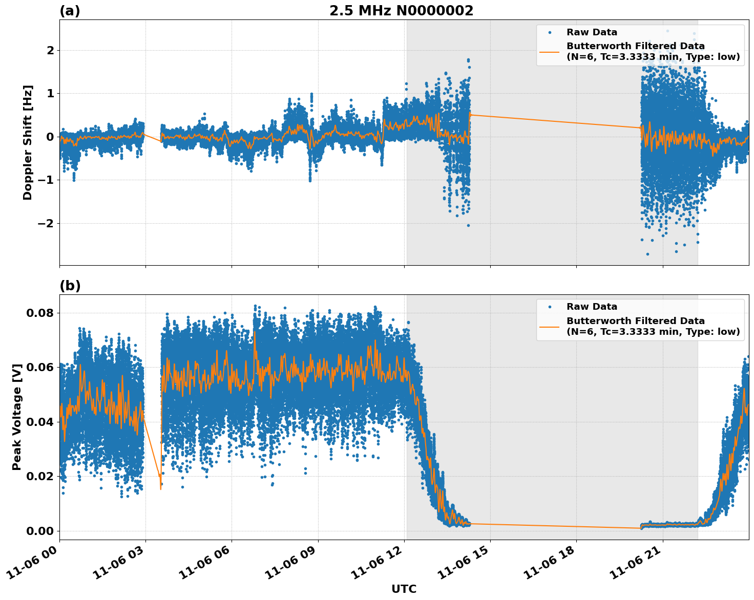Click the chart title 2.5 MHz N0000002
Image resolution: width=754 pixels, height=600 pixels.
pos(401,11)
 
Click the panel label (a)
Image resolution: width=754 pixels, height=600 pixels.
pos(70,11)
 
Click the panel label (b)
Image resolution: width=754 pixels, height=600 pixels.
pos(70,286)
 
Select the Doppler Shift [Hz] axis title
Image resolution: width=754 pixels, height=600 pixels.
pos(28,142)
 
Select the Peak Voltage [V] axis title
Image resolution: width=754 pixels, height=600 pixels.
pos(17,417)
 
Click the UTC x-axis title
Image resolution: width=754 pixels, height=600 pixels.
pos(404,589)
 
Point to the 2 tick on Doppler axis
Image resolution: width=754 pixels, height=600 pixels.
pos(50,50)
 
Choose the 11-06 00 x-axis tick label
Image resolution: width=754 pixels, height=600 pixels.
pos(34,561)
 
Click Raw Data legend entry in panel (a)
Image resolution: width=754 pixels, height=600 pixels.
pos(592,32)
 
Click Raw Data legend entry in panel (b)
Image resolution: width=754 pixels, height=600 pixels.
pos(592,307)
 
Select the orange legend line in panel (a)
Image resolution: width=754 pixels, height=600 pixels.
pos(549,52)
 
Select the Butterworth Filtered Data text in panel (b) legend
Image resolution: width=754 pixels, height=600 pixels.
pos(635,321)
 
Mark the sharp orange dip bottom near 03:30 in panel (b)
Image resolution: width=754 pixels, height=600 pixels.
pos(160,489)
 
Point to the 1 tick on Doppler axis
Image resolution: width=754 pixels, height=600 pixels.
pos(50,93)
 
